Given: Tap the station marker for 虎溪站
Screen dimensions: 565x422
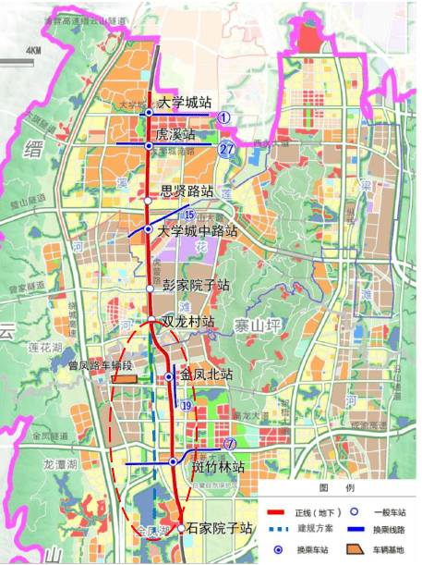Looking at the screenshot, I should click(x=149, y=145).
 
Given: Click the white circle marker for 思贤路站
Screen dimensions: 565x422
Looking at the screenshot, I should click(x=149, y=200).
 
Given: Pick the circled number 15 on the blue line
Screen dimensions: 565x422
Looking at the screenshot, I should click(x=189, y=215).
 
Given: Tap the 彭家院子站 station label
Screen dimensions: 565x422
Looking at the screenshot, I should click(x=196, y=287).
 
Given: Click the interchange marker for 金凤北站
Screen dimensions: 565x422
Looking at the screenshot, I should click(x=169, y=377).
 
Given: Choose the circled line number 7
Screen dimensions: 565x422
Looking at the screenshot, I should click(x=228, y=446).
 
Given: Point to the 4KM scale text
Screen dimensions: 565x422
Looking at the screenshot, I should click(x=35, y=50).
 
